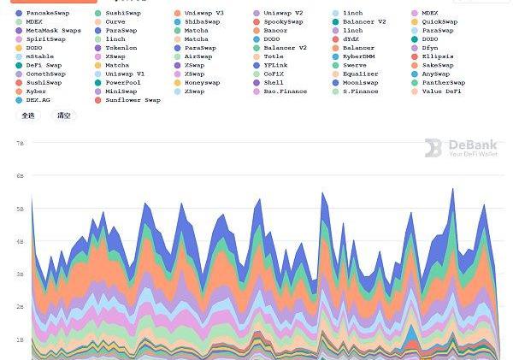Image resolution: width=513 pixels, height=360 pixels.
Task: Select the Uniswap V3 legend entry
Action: click(x=203, y=14)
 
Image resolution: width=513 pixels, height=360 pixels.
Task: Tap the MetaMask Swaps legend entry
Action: click(x=53, y=31)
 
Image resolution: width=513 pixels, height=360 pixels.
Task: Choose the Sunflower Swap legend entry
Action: click(x=133, y=100)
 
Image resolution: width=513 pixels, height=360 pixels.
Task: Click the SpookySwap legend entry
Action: click(x=283, y=22)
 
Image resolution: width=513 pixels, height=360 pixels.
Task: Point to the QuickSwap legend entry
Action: click(x=439, y=22)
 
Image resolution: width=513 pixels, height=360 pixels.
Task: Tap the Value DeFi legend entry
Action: click(x=442, y=91)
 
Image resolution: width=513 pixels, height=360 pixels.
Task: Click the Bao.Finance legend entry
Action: click(x=285, y=91)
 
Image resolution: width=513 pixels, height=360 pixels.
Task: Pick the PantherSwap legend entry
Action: click(x=443, y=82)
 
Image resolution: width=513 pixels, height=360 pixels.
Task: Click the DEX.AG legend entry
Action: click(x=38, y=100)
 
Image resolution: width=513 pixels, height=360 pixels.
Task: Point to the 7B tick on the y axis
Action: click(x=20, y=144)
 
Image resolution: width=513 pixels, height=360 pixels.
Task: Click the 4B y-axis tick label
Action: click(x=20, y=242)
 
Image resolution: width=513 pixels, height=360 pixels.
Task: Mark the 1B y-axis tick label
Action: click(x=20, y=339)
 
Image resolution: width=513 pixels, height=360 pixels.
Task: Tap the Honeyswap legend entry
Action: click(x=202, y=82)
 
